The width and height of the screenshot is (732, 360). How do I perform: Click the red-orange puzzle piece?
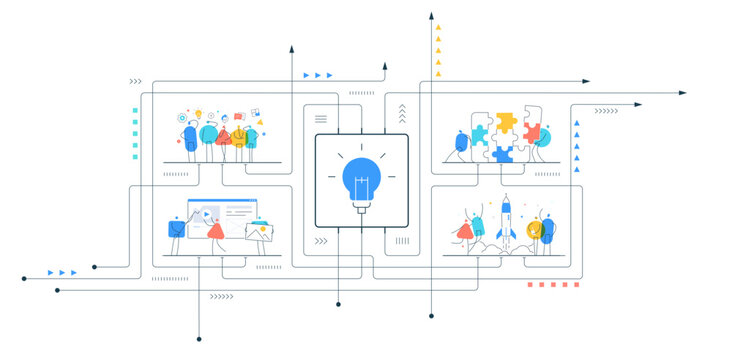(x=531, y=132)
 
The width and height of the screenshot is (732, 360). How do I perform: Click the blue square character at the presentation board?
(x=177, y=229)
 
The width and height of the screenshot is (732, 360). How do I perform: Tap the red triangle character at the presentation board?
(x=214, y=231)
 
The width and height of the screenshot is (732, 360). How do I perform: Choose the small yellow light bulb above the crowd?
(x=198, y=112)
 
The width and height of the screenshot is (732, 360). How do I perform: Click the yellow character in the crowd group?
(x=239, y=136)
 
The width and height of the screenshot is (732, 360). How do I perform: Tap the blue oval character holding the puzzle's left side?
(x=461, y=142)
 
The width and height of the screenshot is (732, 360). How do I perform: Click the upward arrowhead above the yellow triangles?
(x=433, y=16)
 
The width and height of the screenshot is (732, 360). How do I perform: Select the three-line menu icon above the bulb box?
(x=321, y=119)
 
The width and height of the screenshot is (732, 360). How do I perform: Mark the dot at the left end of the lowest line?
(x=57, y=290)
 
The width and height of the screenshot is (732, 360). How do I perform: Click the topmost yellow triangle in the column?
(x=438, y=27)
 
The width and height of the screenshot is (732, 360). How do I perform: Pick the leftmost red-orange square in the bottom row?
(x=531, y=285)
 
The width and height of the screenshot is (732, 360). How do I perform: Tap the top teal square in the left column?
(x=135, y=110)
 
